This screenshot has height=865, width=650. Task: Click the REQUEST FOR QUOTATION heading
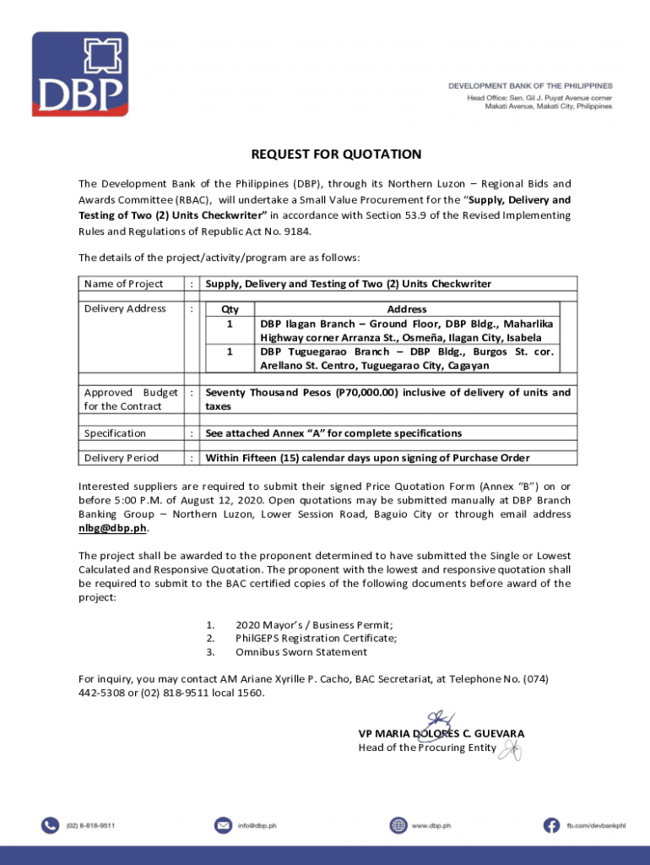pyautogui.click(x=336, y=155)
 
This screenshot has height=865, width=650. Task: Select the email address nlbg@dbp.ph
pyautogui.click(x=112, y=528)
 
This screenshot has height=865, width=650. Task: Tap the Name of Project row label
pyautogui.click(x=123, y=284)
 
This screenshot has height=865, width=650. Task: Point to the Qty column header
pyautogui.click(x=229, y=310)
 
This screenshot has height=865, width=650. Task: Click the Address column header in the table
pyautogui.click(x=406, y=310)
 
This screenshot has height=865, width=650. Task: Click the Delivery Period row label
pyautogui.click(x=121, y=459)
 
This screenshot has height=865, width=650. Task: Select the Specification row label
pyautogui.click(x=115, y=433)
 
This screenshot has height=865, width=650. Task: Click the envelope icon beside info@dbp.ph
pyautogui.click(x=223, y=824)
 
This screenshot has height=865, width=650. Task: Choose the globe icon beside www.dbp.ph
pyautogui.click(x=398, y=824)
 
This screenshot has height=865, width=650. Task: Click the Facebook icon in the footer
pyautogui.click(x=551, y=824)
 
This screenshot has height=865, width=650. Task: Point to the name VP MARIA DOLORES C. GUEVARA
pyautogui.click(x=441, y=733)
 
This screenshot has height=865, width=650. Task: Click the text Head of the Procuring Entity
pyautogui.click(x=426, y=748)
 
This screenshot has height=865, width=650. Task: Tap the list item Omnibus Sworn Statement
pyautogui.click(x=301, y=652)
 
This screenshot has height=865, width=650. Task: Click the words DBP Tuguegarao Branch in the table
pyautogui.click(x=318, y=351)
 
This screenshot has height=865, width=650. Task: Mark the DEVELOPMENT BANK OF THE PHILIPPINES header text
pyautogui.click(x=529, y=86)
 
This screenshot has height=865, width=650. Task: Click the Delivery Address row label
pyautogui.click(x=125, y=309)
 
